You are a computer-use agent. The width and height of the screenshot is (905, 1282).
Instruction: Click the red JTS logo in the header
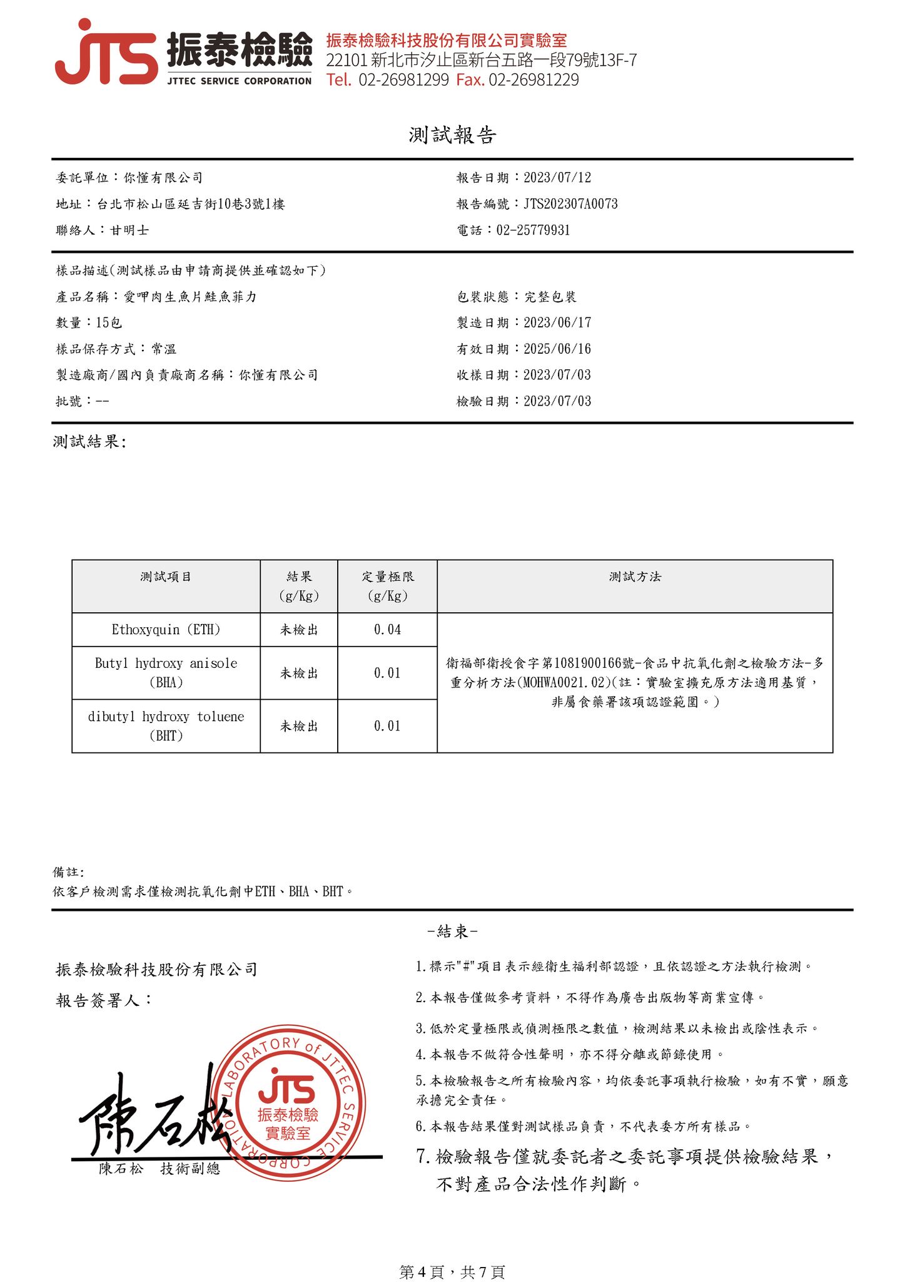click(x=106, y=53)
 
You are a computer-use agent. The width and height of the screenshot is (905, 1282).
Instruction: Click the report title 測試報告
click(x=452, y=135)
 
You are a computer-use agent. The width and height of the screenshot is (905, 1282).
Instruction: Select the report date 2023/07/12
click(x=557, y=178)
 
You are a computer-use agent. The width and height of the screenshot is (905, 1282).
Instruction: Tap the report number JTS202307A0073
click(x=570, y=204)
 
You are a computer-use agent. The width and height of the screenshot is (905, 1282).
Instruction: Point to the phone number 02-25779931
click(x=533, y=230)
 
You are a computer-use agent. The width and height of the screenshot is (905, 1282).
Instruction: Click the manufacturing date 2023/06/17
click(x=557, y=323)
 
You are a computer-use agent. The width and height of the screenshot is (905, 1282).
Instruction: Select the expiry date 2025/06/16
click(x=557, y=349)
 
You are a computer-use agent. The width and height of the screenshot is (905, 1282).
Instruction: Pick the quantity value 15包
click(x=109, y=323)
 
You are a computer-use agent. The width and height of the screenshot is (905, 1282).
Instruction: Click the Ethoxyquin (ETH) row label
click(x=166, y=630)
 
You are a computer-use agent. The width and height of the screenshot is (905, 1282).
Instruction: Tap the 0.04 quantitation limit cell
click(x=387, y=630)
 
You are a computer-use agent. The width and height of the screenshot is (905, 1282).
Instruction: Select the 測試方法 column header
click(x=635, y=577)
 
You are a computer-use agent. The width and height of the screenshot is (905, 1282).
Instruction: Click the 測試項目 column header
click(x=166, y=577)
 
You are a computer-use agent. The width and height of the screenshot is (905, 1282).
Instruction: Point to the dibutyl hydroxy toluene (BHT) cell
click(x=166, y=726)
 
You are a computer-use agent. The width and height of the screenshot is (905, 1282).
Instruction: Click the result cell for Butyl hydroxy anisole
click(x=299, y=674)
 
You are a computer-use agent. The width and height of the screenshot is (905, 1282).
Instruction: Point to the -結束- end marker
click(x=452, y=932)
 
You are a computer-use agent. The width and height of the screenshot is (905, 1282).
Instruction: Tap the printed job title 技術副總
click(x=190, y=1169)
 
